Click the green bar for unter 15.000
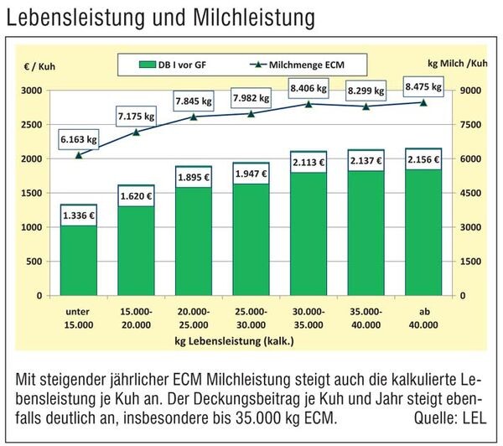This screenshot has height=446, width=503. pos(79,260)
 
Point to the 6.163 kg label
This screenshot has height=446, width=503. pos(79,137)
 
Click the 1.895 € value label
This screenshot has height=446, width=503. pos(193,177)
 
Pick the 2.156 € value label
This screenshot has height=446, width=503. pos(423,159)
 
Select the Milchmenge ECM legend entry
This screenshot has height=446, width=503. pos(303,64)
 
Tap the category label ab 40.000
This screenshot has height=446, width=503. pos(423,319)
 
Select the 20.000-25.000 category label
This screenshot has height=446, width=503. pos(193,319)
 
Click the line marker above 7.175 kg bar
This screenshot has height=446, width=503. pos(136,132)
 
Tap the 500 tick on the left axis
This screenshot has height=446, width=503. pos(34,262)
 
